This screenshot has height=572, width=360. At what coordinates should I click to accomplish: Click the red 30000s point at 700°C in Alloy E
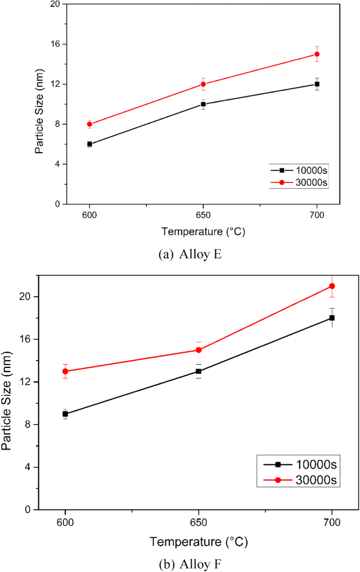point(317,54)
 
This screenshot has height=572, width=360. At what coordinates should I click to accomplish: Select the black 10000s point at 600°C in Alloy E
point(90,144)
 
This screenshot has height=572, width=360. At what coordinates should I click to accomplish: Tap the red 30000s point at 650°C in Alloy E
point(203,84)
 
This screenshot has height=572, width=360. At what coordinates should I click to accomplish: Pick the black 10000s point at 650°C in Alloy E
point(203,104)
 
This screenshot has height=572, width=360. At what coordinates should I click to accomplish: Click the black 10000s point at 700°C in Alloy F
point(332,318)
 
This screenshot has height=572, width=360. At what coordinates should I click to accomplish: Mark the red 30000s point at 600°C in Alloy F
point(65,371)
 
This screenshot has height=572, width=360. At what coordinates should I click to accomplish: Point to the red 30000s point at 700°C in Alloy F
point(332,286)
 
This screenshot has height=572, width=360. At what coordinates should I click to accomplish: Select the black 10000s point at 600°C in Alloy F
point(65,414)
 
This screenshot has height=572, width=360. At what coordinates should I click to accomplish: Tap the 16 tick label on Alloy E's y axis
point(55,44)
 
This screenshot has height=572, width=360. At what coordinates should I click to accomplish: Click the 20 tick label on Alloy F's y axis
point(25,296)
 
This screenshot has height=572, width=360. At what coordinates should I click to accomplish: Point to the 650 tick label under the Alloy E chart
point(203,215)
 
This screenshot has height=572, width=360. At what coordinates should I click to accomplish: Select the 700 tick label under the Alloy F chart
point(332,523)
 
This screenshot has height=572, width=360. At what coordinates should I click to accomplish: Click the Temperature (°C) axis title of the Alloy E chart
point(203,232)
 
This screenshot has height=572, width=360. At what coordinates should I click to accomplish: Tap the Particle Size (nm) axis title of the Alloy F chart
point(6,400)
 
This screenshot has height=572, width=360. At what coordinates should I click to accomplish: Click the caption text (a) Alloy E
point(190,255)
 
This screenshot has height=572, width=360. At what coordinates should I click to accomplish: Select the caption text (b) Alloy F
point(190,564)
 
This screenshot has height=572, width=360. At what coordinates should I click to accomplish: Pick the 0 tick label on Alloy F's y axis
point(28,510)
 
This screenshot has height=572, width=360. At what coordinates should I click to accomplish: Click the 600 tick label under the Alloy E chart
point(90,215)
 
